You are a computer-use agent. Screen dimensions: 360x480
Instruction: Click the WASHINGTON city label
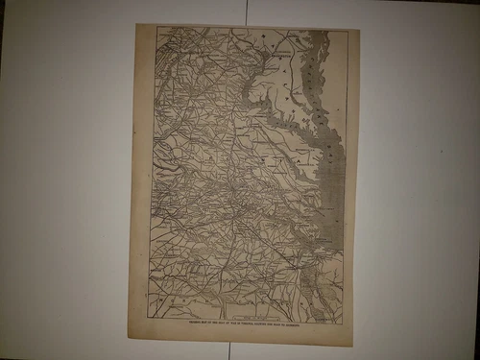pos(277,57)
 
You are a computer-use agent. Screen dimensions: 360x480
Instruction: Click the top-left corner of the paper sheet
pos(135,24)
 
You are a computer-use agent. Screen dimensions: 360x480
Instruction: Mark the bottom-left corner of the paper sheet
pos(128,338)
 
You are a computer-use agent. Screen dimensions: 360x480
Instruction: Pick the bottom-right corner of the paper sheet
pos(352,346)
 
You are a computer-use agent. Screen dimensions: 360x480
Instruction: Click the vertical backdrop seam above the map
pos(247,12)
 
